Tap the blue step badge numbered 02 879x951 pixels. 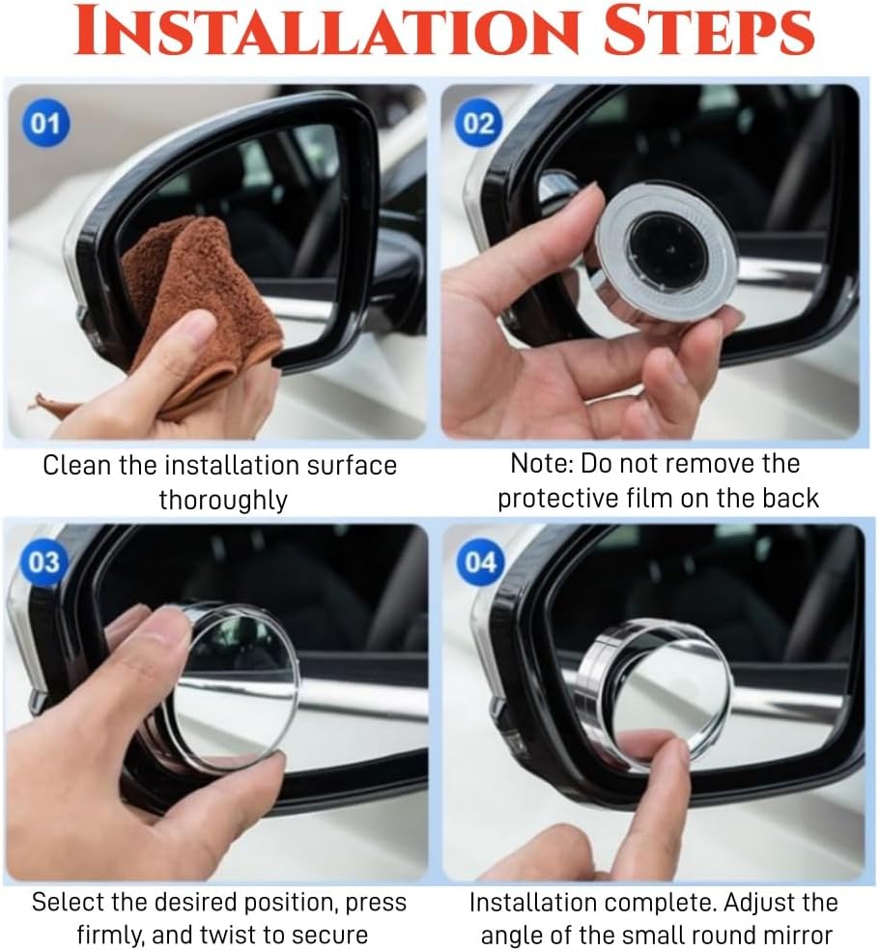click(x=478, y=124)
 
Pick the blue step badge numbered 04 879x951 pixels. click(x=479, y=562)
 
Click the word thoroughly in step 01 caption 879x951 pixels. click(x=223, y=500)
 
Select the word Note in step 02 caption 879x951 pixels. click(x=541, y=464)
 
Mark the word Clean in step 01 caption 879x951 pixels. click(x=77, y=465)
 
